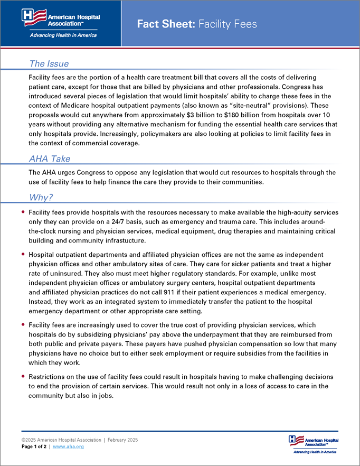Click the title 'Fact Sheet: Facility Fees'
click(197, 24)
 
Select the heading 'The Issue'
click(49, 64)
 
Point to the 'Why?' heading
click(41, 198)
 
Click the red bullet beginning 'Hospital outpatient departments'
click(23, 254)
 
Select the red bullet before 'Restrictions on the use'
click(23, 376)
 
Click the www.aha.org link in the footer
click(68, 446)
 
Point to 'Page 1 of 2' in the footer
click(34, 446)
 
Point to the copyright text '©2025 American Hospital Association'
click(61, 440)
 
